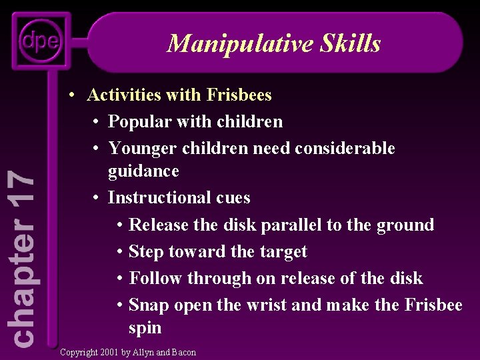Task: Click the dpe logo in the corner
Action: tap(39, 42)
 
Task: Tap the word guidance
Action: tap(143, 171)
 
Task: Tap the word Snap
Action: tap(149, 305)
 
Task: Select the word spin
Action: tap(145, 329)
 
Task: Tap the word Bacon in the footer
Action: tap(183, 352)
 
